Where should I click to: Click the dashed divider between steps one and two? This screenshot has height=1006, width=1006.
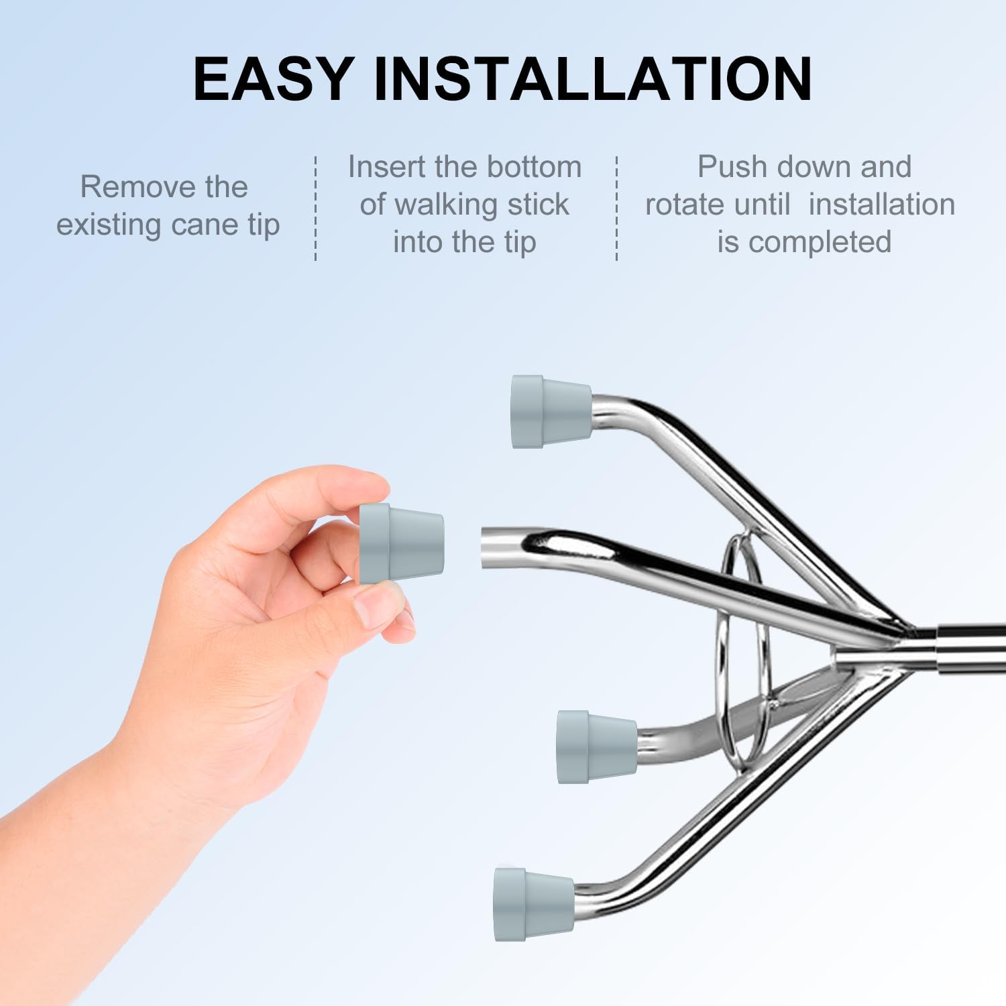[316, 208]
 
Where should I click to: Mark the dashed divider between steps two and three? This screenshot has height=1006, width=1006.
[616, 208]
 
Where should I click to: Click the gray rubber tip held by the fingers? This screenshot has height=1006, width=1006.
[401, 543]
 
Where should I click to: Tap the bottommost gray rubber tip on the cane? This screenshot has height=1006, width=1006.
[534, 904]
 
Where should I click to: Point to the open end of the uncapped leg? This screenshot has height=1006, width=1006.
[486, 547]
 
